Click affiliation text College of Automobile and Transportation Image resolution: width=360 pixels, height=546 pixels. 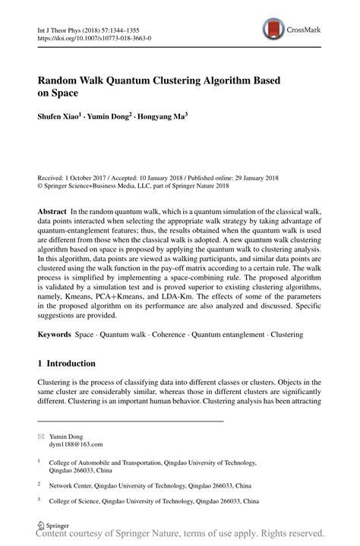pyautogui.click(x=134, y=460)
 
